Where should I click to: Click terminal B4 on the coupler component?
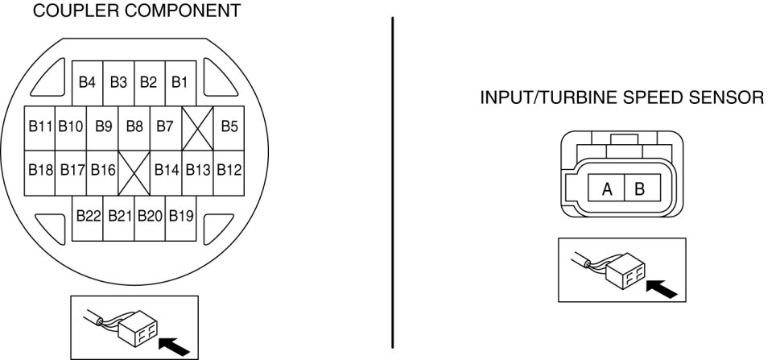pyautogui.click(x=88, y=82)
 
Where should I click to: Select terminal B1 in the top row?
pyautogui.click(x=180, y=82)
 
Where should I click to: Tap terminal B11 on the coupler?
pyautogui.click(x=40, y=126)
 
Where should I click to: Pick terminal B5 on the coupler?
pyautogui.click(x=229, y=126)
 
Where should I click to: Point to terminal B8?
pyautogui.click(x=134, y=126)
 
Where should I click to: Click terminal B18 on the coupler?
pyautogui.click(x=40, y=170)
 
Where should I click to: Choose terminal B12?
pyautogui.click(x=229, y=170)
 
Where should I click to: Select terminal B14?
pyautogui.click(x=167, y=170)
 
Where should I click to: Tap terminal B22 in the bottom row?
pyautogui.click(x=88, y=216)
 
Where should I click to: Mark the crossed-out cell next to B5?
pyautogui.click(x=197, y=127)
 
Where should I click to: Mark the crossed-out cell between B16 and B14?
pyautogui.click(x=134, y=171)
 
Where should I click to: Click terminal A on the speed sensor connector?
pyautogui.click(x=608, y=189)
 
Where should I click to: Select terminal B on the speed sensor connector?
pyautogui.click(x=640, y=189)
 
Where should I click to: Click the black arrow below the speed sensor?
pyautogui.click(x=662, y=286)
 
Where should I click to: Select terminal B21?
pyautogui.click(x=119, y=216)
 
